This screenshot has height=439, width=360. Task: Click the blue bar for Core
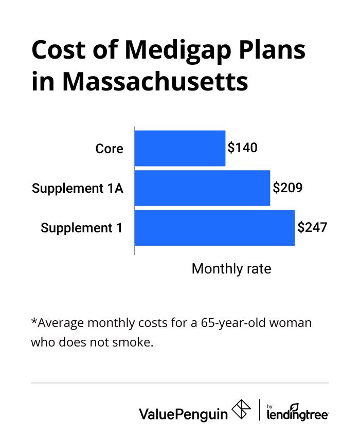pyautogui.click(x=179, y=149)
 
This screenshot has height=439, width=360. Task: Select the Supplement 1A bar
pyautogui.click(x=202, y=188)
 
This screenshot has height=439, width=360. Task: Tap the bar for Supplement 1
pyautogui.click(x=214, y=228)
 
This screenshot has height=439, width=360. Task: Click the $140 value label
pyautogui.click(x=242, y=148)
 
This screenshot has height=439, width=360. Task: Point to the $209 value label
pyautogui.click(x=287, y=188)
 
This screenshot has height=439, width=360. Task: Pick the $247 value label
pyautogui.click(x=312, y=227)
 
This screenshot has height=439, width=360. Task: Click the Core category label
pyautogui.click(x=110, y=149)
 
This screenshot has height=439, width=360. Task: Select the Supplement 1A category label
pyautogui.click(x=78, y=189)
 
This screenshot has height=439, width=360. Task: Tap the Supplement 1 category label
pyautogui.click(x=82, y=228)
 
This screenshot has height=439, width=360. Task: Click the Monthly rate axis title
pyautogui.click(x=231, y=269)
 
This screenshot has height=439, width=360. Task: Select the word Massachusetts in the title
pyautogui.click(x=155, y=82)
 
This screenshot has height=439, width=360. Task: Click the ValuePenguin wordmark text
pyautogui.click(x=183, y=413)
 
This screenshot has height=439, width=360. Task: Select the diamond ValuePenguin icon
pyautogui.click(x=242, y=410)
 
